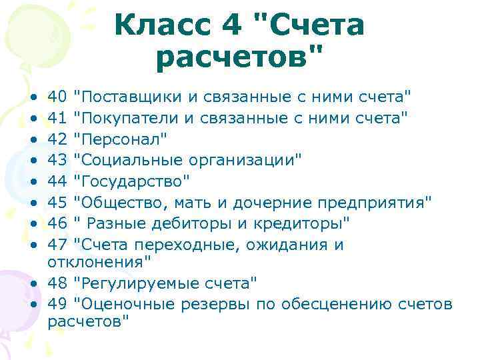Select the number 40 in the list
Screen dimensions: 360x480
coord(57,98)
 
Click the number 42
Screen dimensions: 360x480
coord(57,139)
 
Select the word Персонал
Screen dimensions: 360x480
coord(119,139)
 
